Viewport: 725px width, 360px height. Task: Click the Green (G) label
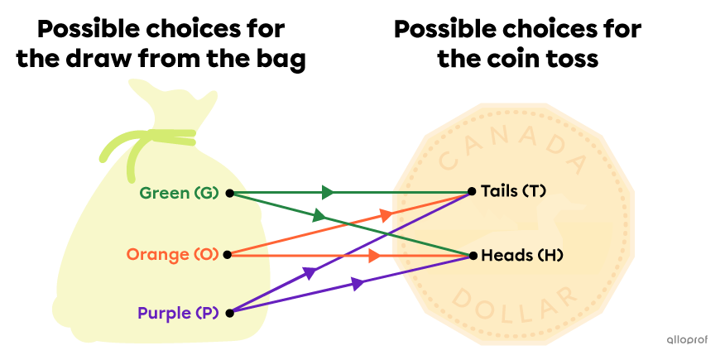[x=179, y=194]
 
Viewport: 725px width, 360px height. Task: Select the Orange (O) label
[x=172, y=254]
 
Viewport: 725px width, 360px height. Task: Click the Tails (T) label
[x=513, y=191]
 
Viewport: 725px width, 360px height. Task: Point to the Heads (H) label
[x=521, y=256]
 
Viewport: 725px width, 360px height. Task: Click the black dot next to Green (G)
[x=229, y=194]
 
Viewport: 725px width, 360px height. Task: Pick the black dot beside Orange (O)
[x=228, y=254]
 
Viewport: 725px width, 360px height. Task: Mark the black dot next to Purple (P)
[x=229, y=313]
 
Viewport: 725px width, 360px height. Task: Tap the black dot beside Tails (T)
[x=472, y=191]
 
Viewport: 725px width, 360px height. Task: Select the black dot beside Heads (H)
[x=473, y=256]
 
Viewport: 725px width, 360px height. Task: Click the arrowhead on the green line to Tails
[x=329, y=193]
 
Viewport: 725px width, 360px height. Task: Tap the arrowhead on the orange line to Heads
[x=374, y=256]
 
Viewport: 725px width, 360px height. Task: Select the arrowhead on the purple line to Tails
[x=310, y=272]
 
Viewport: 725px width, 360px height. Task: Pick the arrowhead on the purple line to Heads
[x=358, y=284]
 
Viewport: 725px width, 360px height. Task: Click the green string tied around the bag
[x=149, y=141]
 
